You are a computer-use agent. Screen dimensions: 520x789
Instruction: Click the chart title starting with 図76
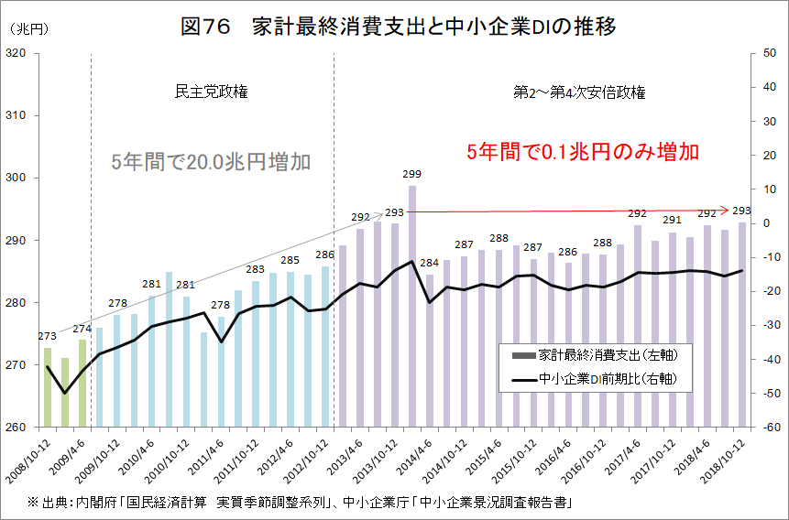(398, 27)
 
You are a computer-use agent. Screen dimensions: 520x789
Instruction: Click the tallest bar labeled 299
(412, 302)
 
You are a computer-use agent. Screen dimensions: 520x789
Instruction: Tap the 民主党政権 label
(212, 92)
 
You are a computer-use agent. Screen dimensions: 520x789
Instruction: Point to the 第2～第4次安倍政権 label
(578, 92)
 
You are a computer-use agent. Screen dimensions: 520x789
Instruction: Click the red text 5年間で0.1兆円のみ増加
(583, 151)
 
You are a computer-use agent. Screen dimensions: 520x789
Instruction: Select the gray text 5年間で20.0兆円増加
(211, 162)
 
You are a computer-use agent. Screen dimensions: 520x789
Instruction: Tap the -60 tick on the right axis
(768, 428)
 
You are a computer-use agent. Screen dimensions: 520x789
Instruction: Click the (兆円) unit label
(27, 28)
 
